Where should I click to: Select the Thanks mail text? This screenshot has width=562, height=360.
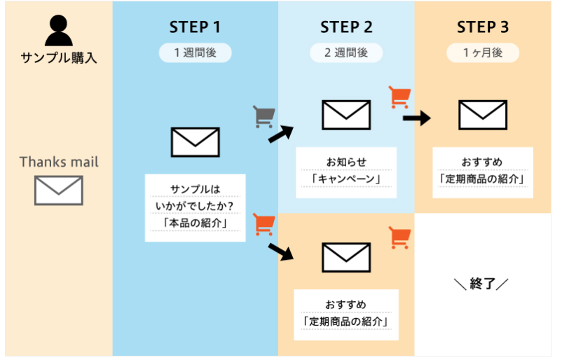pos(59,162)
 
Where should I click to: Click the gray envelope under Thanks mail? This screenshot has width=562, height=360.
pos(59,191)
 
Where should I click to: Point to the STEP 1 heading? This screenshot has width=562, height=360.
pos(195,27)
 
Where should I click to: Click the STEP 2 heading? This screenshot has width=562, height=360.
pos(346,27)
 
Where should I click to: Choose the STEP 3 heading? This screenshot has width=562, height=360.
pos(483,27)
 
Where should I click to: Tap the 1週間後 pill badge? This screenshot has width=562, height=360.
pos(195,53)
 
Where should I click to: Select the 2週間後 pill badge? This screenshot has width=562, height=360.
pos(346,53)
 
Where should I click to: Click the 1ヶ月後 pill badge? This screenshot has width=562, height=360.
pos(483,53)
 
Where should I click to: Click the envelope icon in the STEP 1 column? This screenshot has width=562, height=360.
pos(195,142)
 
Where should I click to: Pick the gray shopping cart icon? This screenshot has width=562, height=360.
pos(263,116)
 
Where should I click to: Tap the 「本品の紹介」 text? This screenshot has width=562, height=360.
pos(196,224)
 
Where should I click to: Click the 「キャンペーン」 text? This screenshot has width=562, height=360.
pos(346,179)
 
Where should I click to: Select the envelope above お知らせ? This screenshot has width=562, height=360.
pos(346,115)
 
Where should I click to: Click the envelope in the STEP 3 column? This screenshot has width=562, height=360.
pos(483,115)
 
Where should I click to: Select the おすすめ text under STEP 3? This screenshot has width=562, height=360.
pos(482,162)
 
